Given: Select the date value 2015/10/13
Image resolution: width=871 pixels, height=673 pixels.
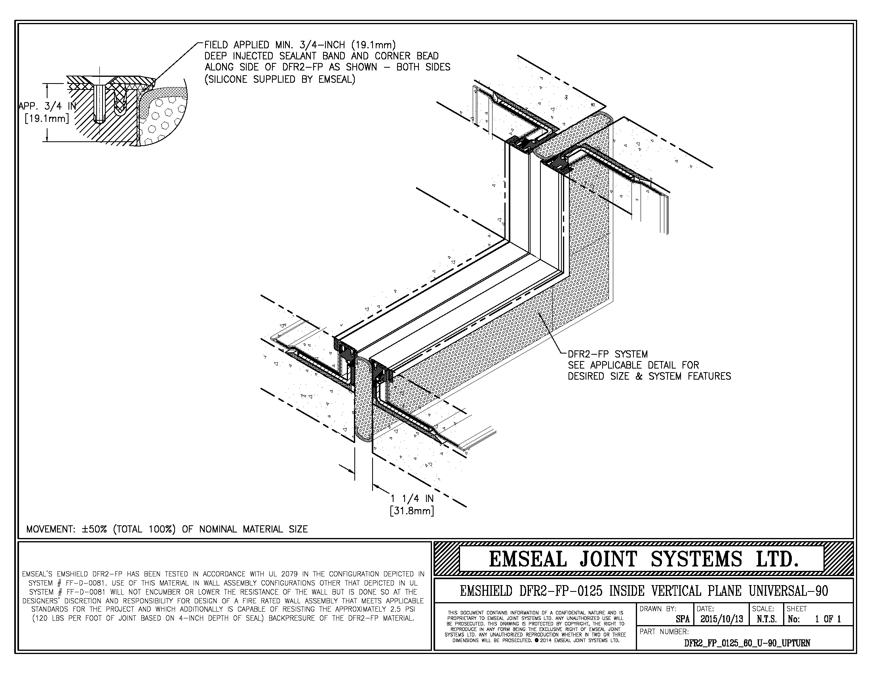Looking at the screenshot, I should (721, 619).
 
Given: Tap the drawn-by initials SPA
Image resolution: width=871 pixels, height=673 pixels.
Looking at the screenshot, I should (683, 619).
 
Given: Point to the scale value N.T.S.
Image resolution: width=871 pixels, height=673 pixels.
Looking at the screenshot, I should (766, 619).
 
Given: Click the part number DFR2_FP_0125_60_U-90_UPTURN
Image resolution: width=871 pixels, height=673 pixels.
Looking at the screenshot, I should (747, 643).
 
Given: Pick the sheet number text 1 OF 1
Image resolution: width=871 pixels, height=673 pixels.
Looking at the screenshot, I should (827, 619).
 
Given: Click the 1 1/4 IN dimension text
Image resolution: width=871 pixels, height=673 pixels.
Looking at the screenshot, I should (412, 498).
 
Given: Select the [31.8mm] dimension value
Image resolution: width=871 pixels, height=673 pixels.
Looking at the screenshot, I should (412, 511).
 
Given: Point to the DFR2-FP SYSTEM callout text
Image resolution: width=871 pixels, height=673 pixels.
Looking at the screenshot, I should (608, 354).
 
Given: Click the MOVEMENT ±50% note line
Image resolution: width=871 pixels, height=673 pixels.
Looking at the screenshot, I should (167, 529).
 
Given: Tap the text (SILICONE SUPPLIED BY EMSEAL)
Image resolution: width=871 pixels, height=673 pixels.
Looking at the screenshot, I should (280, 79).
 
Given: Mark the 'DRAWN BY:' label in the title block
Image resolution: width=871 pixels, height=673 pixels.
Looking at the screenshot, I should (658, 609).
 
